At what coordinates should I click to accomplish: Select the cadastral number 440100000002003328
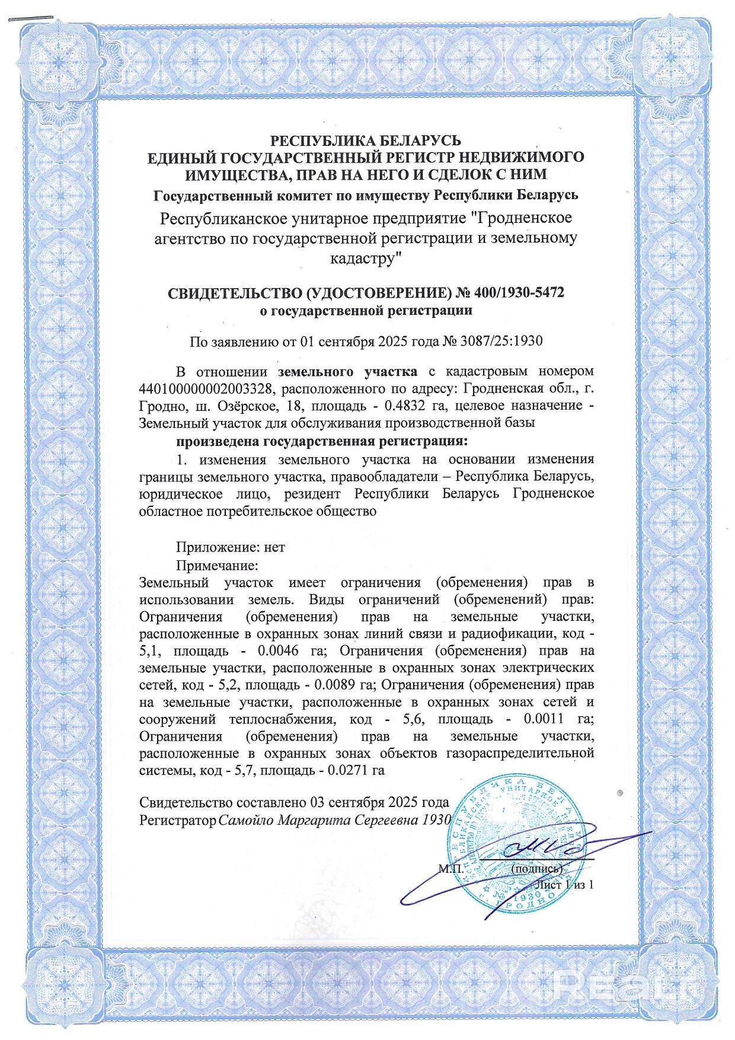[x=205, y=389]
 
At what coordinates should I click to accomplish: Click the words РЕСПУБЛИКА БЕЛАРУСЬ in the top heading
[x=366, y=141]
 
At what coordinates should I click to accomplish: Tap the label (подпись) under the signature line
[x=536, y=869]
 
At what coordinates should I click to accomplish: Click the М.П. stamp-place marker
[x=451, y=869]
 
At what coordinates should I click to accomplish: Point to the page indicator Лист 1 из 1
[x=564, y=885]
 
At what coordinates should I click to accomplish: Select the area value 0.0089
[x=338, y=685]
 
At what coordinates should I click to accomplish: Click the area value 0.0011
[x=544, y=720]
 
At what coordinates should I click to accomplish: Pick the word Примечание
[x=217, y=565]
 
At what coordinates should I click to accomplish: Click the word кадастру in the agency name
[x=363, y=259]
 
